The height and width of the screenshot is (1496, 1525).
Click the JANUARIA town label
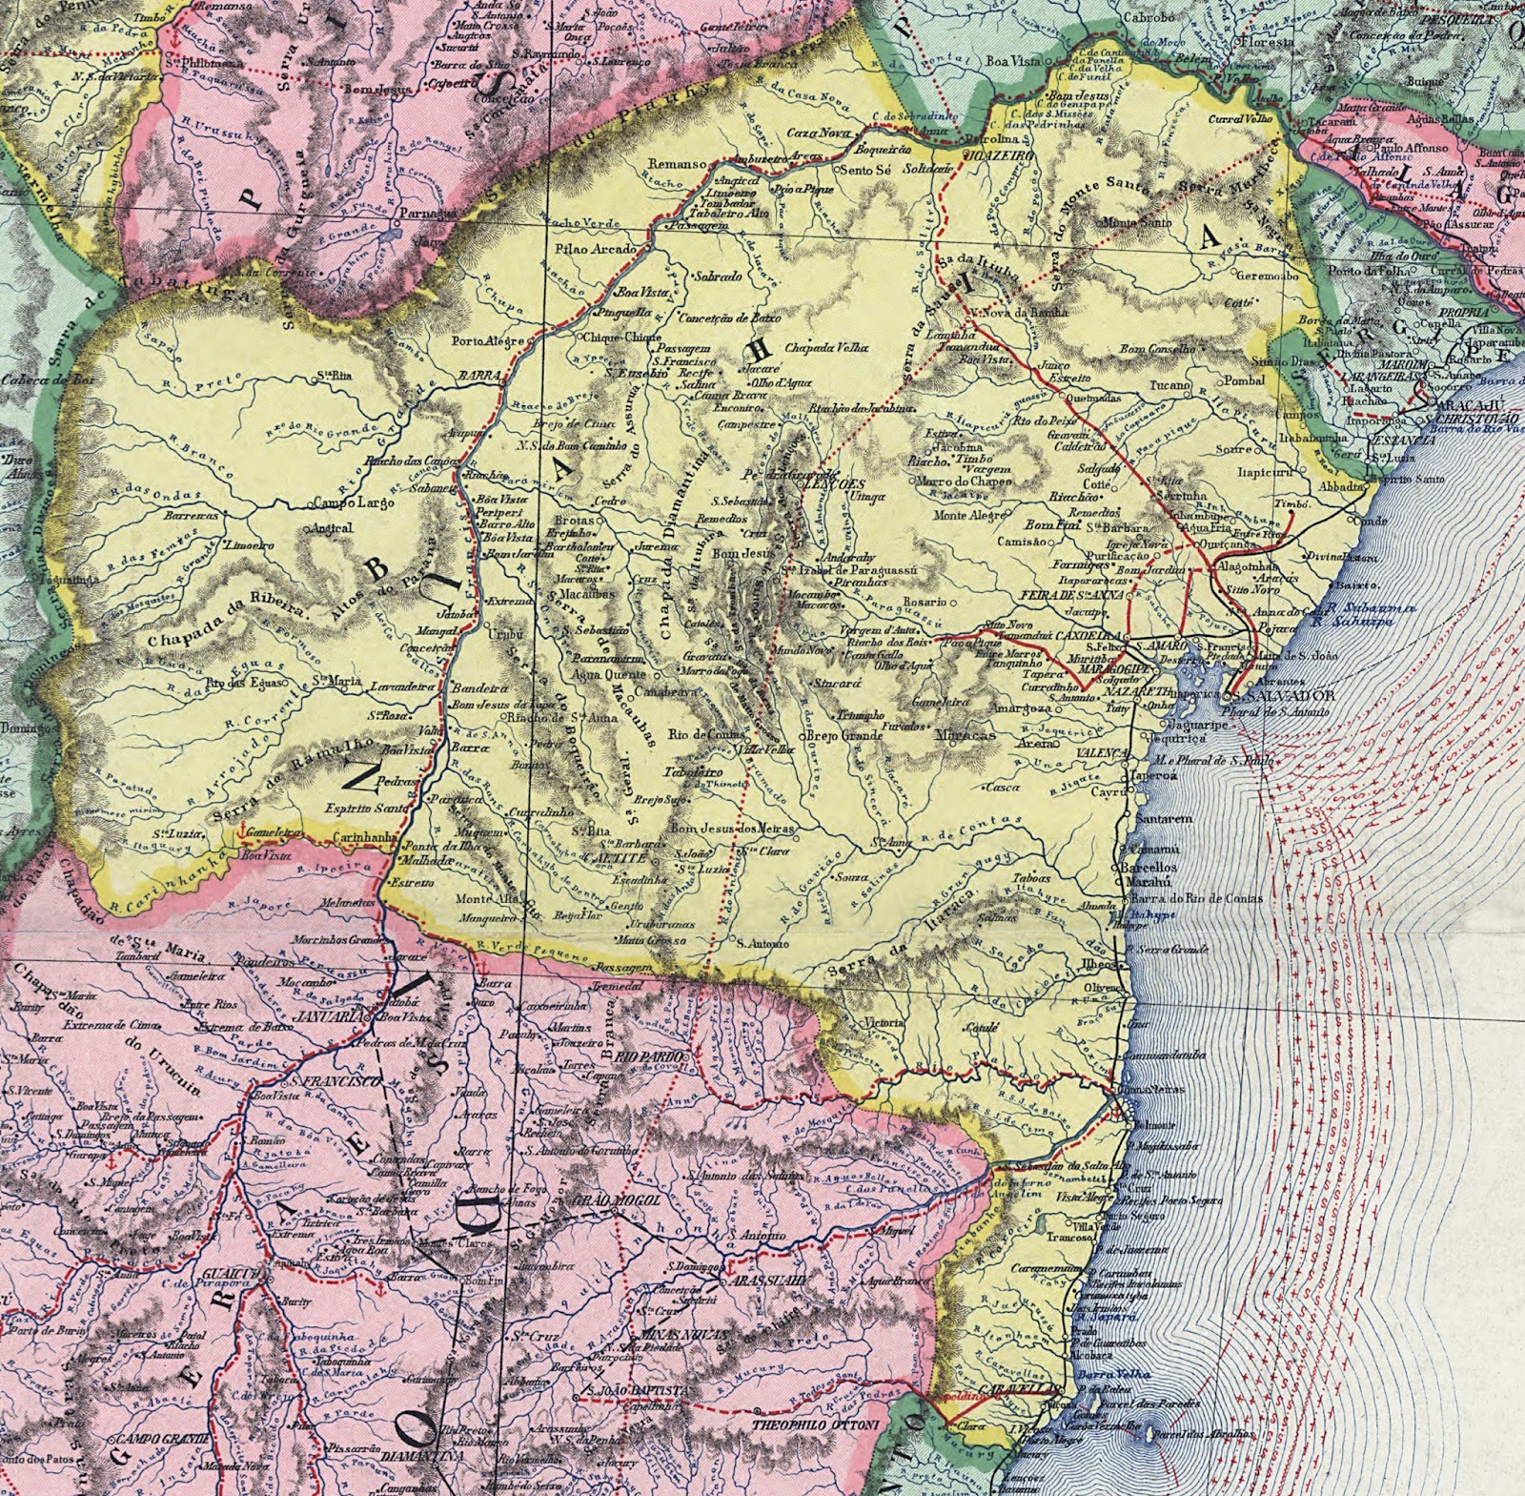coord(327,1016)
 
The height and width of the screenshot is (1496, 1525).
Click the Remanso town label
coord(677,163)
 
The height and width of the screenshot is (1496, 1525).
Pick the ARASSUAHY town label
coord(769,1281)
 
